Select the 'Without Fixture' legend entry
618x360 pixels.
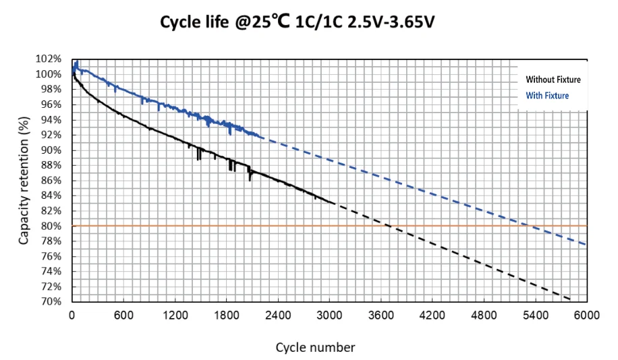553,80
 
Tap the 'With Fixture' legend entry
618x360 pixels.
547,96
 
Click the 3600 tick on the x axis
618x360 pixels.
381,314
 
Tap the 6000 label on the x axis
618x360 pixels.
586,314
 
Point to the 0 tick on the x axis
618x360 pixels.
72,314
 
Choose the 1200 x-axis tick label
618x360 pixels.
175,314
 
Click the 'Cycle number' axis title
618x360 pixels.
315,347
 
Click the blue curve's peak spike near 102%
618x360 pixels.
77,61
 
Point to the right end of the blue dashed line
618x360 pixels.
586,244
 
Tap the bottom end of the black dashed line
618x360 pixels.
571,299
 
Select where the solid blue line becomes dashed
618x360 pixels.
263,138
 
